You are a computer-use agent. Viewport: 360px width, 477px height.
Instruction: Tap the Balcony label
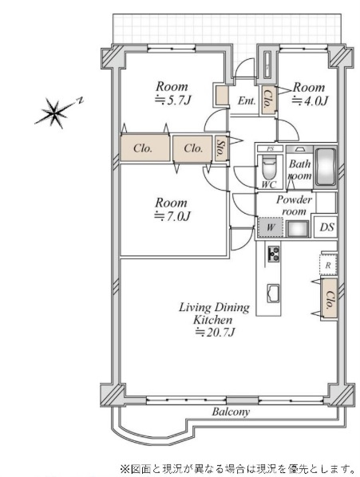click(x=231, y=412)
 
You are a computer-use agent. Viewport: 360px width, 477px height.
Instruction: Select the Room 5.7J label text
click(x=172, y=93)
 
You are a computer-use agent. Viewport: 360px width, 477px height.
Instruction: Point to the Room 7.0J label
click(x=172, y=210)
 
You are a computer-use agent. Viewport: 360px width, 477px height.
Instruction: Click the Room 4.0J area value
click(x=310, y=101)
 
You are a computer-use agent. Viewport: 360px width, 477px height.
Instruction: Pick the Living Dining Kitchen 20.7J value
click(x=215, y=332)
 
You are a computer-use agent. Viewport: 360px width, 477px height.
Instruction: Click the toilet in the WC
click(x=269, y=168)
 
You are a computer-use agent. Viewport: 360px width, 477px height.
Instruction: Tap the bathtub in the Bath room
click(x=325, y=167)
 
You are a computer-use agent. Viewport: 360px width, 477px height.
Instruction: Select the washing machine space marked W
click(x=271, y=227)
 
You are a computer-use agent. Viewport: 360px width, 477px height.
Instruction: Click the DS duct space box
click(x=326, y=227)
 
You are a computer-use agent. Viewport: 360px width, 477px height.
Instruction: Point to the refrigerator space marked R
click(x=328, y=266)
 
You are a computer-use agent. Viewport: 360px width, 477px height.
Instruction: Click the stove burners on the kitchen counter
click(x=273, y=254)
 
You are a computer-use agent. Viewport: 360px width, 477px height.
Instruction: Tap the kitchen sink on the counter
click(x=273, y=294)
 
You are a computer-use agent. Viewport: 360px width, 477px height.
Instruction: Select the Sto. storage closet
click(x=221, y=148)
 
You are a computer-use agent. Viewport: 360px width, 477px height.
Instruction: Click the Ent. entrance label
click(x=247, y=101)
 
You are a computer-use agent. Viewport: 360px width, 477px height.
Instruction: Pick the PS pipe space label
click(x=270, y=149)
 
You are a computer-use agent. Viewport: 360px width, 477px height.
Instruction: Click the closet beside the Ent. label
click(x=268, y=100)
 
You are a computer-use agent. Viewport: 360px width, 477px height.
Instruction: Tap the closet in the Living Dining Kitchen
click(x=329, y=299)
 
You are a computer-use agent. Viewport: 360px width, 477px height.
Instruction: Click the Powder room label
click(x=294, y=205)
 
